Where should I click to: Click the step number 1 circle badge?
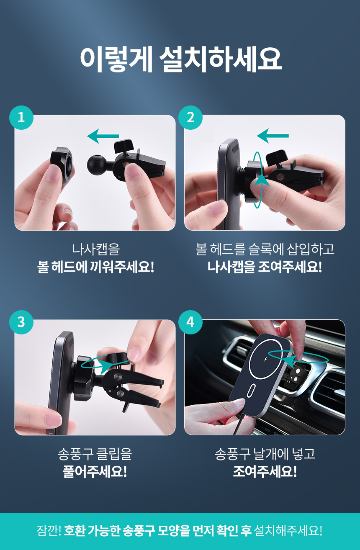tap(21, 118)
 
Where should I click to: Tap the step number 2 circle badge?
tap(190, 118)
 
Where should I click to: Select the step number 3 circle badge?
tap(21, 322)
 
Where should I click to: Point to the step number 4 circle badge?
tap(190, 322)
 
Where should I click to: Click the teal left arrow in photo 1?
tap(103, 136)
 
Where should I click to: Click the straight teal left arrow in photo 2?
tap(273, 136)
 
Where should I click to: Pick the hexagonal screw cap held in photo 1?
tap(62, 164)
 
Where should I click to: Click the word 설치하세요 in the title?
tap(221, 60)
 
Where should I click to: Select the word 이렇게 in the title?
tap(116, 60)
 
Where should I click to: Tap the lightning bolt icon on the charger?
tap(266, 359)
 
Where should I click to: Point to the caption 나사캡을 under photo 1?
tap(96, 249)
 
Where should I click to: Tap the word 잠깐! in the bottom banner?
tap(49, 531)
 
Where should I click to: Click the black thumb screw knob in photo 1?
tap(123, 146)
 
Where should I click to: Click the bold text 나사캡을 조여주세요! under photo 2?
tap(265, 267)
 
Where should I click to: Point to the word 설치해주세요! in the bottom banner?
tap(288, 531)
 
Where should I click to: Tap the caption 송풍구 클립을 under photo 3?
tap(95, 454)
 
